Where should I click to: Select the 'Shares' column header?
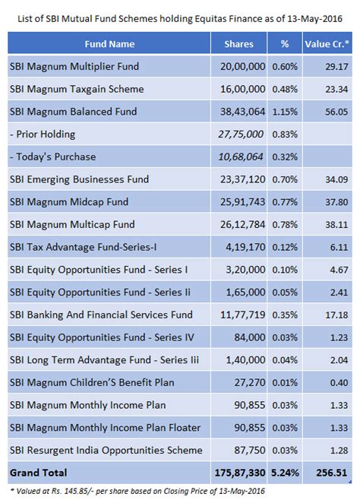point(239,44)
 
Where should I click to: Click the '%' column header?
point(284,44)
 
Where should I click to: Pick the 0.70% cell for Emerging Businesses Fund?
point(284,179)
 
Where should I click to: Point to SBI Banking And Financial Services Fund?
point(100,315)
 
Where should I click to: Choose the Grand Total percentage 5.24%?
point(284,473)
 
